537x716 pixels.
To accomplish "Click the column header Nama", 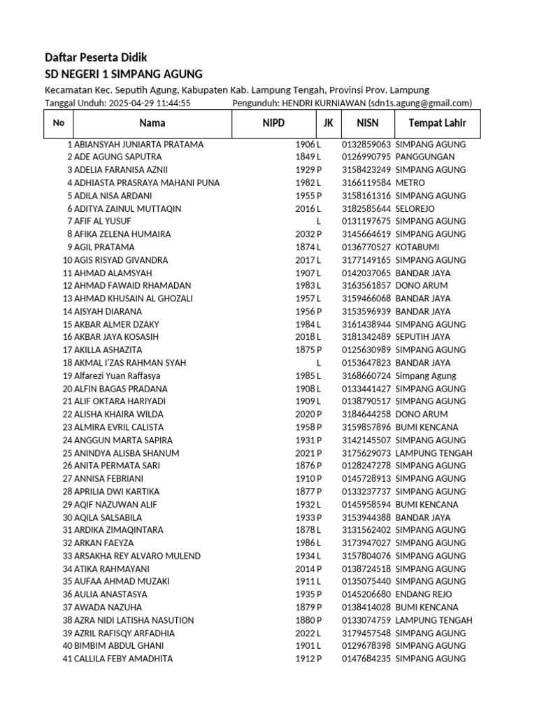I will pos(152,123).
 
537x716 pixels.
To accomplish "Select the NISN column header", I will pos(367,123).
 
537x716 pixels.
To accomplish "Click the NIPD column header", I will pos(273,123).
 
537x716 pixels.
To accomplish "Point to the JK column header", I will pos(328,123).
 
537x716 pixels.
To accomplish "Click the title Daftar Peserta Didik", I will pos(96,57).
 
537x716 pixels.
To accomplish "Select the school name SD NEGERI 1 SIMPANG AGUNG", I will pos(123,74).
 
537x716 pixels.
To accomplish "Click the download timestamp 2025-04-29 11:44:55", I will pos(150,103).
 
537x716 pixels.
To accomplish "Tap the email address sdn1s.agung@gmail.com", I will pos(420,103).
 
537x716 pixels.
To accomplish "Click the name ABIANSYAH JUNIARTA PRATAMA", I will pos(138,144).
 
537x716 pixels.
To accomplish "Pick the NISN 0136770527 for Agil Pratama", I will pos(366,247).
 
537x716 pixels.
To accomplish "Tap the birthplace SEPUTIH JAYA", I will pos(423,337).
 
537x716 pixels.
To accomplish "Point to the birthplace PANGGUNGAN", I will pos(425,157).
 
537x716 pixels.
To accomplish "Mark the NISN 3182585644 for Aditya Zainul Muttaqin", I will pos(366,208).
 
